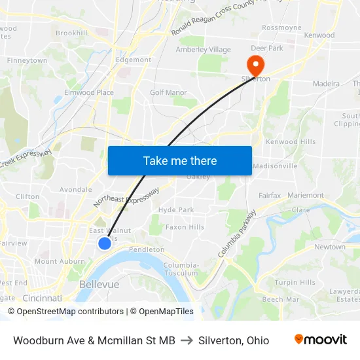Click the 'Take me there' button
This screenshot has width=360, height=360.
click(180, 160)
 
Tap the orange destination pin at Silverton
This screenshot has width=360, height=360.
click(253, 64)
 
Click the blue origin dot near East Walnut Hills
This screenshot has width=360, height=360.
click(105, 243)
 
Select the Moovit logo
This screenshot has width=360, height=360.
click(321, 340)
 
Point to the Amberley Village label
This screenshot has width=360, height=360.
click(203, 50)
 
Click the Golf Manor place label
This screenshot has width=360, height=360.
click(168, 93)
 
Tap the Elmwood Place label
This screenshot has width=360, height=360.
click(89, 93)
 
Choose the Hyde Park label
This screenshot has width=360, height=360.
click(176, 210)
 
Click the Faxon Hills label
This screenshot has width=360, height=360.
click(185, 227)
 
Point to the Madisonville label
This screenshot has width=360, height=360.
click(275, 166)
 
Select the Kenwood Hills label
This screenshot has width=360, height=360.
click(290, 142)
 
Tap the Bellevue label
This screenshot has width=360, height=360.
click(99, 285)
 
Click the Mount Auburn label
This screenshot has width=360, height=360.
click(55, 261)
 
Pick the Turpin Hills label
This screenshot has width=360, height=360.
click(295, 283)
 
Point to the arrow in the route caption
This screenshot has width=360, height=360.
click(187, 340)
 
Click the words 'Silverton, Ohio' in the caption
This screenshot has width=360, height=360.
click(234, 340)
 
